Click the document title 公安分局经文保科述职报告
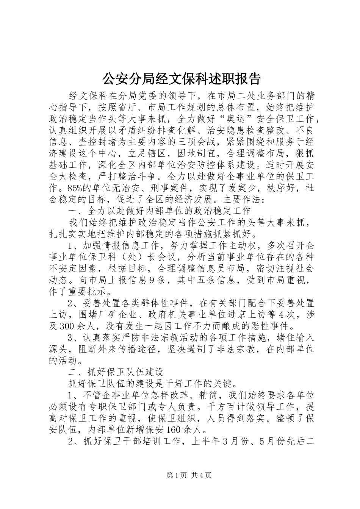click(x=182, y=79)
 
